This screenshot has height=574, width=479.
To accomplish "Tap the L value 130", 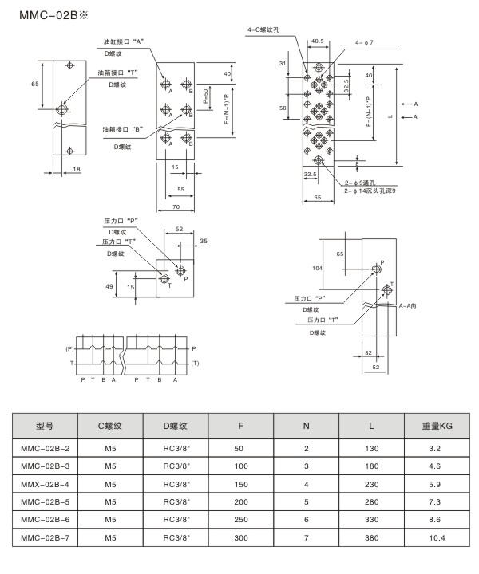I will pyautogui.click(x=371, y=449).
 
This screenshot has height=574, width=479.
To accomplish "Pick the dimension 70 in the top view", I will pyautogui.click(x=175, y=206).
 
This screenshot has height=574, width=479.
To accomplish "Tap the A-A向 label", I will pyautogui.click(x=408, y=305).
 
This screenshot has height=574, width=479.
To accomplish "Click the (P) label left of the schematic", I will pyautogui.click(x=69, y=349).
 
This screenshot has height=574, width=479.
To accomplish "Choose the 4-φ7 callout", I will pyautogui.click(x=364, y=43).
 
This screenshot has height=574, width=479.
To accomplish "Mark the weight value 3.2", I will pyautogui.click(x=437, y=449).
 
